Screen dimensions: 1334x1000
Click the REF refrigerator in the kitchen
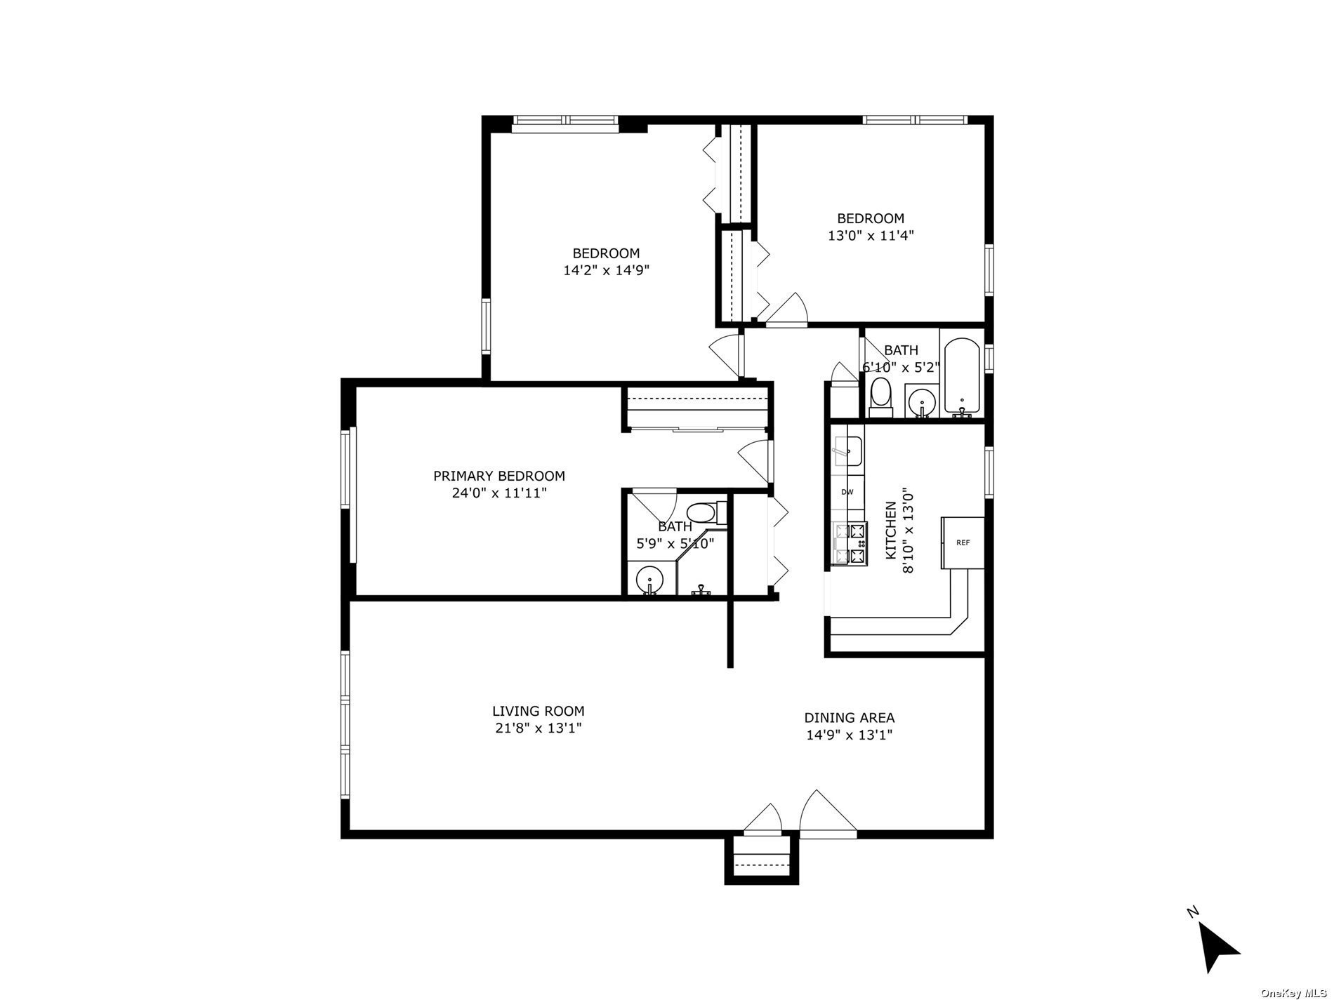click(x=963, y=542)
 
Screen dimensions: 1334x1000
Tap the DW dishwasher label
click(x=847, y=492)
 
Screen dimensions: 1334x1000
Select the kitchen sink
click(x=847, y=450)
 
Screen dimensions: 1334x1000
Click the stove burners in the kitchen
click(x=850, y=543)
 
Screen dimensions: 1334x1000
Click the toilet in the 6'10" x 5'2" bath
click(x=880, y=397)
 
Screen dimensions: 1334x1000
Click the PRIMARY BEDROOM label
click(x=498, y=476)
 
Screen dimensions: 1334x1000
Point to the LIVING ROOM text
click(x=538, y=711)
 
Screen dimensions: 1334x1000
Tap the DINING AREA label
click(x=849, y=718)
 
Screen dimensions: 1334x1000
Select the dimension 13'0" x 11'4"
click(x=871, y=236)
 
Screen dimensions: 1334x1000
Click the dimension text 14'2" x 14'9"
click(x=606, y=271)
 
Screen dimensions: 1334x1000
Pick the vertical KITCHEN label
click(x=890, y=530)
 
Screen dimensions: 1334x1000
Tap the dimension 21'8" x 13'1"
click(x=538, y=728)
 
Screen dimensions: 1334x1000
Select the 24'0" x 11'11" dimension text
click(x=498, y=493)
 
